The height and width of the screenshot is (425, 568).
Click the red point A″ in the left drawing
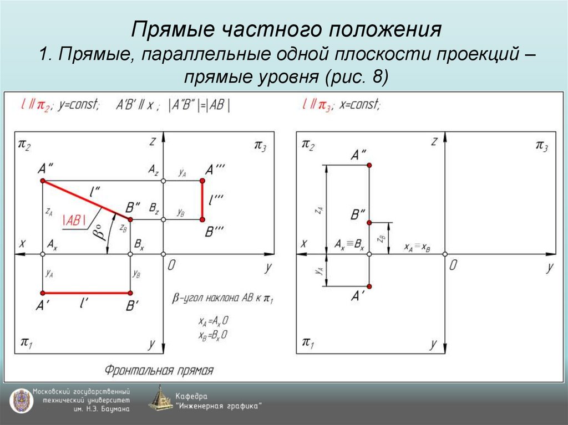[x=43, y=181]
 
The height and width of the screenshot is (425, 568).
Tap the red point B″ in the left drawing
[x=130, y=219]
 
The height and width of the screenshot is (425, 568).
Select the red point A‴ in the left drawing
[x=202, y=181]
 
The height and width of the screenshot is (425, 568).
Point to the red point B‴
[x=202, y=219]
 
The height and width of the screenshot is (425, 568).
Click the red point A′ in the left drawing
[x=43, y=293]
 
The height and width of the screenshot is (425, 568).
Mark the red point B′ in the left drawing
[x=130, y=293]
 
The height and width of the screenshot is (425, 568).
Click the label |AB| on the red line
[x=74, y=219]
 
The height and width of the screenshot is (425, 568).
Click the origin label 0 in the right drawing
[x=453, y=265]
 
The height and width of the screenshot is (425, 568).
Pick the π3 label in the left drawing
[x=260, y=145]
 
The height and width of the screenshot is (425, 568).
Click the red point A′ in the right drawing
[x=369, y=286]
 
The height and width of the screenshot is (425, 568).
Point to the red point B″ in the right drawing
[x=369, y=222]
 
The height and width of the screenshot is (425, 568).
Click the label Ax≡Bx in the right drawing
[x=349, y=244]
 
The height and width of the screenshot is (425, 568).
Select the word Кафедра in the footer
[x=191, y=396]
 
